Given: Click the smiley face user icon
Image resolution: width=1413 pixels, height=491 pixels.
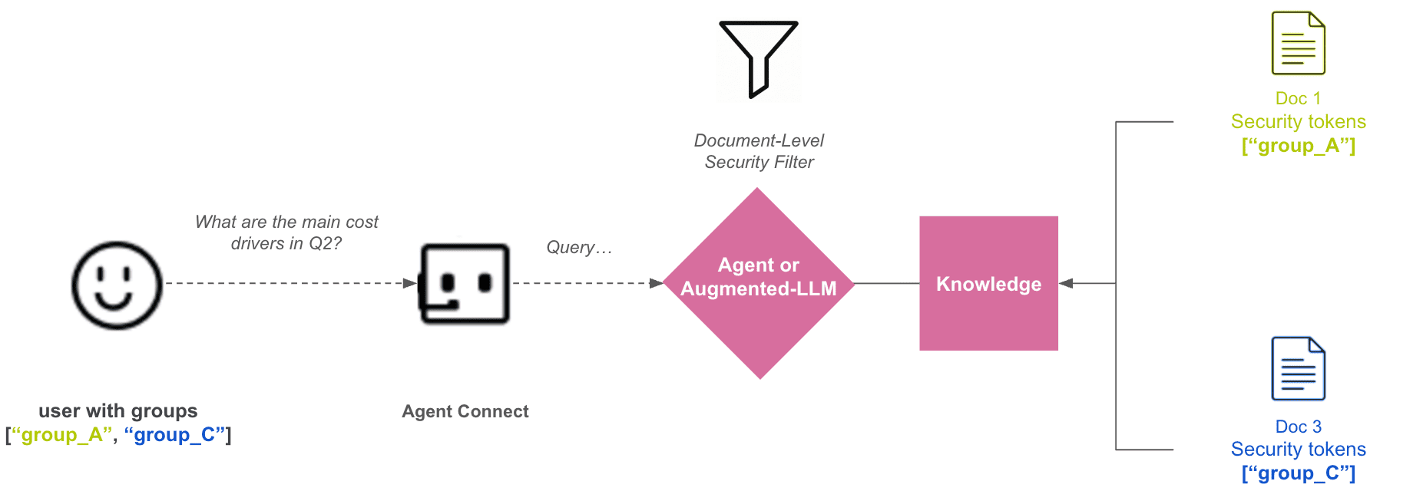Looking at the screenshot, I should pyautogui.click(x=117, y=285).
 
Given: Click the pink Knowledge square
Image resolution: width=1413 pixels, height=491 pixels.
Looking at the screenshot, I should pyautogui.click(x=988, y=284).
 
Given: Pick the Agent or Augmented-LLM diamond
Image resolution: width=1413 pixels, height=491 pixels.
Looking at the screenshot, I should pyautogui.click(x=759, y=284).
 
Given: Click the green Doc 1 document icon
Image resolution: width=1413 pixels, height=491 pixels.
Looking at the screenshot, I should pyautogui.click(x=1298, y=44).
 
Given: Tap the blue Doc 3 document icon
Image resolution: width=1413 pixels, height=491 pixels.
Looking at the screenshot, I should pyautogui.click(x=1298, y=369).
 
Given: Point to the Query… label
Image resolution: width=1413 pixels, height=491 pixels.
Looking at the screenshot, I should pyautogui.click(x=579, y=248).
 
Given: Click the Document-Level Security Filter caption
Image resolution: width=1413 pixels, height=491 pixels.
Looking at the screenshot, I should pyautogui.click(x=759, y=151).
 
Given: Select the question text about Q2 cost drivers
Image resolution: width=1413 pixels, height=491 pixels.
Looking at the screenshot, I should pyautogui.click(x=286, y=232).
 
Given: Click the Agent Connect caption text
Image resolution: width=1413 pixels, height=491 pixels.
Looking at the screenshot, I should pyautogui.click(x=465, y=412).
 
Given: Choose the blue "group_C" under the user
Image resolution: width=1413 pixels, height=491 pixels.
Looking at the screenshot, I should pyautogui.click(x=174, y=435).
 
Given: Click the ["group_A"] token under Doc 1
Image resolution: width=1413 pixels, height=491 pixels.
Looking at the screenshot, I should pyautogui.click(x=1298, y=146).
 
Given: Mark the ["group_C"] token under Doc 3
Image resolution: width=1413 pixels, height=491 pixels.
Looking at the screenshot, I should pyautogui.click(x=1298, y=473).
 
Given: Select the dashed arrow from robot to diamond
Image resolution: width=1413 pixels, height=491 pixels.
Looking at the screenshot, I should pyautogui.click(x=584, y=283).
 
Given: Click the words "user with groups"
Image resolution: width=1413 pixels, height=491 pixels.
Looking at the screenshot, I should pyautogui.click(x=118, y=411).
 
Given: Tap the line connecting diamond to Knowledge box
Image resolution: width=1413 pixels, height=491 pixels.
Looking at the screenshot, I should pyautogui.click(x=887, y=283).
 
